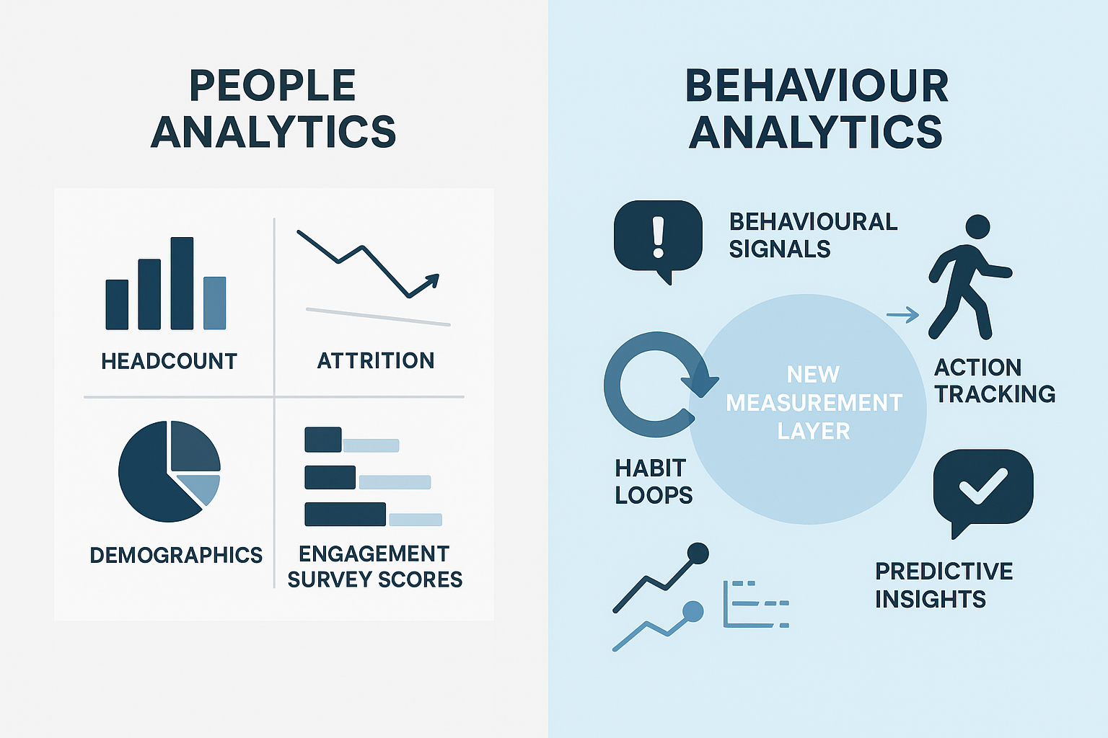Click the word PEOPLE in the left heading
pyautogui.click(x=273, y=86)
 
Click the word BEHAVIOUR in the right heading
pyautogui.click(x=816, y=86)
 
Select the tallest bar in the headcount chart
pyautogui.click(x=182, y=283)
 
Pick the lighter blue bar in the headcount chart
pyautogui.click(x=215, y=303)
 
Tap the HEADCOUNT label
pyautogui.click(x=169, y=361)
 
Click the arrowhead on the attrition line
pyautogui.click(x=432, y=280)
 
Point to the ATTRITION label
pyautogui.click(x=376, y=360)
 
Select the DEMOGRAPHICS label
pyautogui.click(x=176, y=555)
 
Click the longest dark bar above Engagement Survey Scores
pyautogui.click(x=345, y=514)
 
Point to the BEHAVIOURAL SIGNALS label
pyautogui.click(x=813, y=235)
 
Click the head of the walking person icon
pyautogui.click(x=977, y=226)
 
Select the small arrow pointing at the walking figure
pyautogui.click(x=902, y=315)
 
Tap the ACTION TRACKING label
pyautogui.click(x=994, y=381)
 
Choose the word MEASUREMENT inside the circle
pyautogui.click(x=814, y=403)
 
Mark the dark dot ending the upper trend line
pyautogui.click(x=698, y=553)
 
